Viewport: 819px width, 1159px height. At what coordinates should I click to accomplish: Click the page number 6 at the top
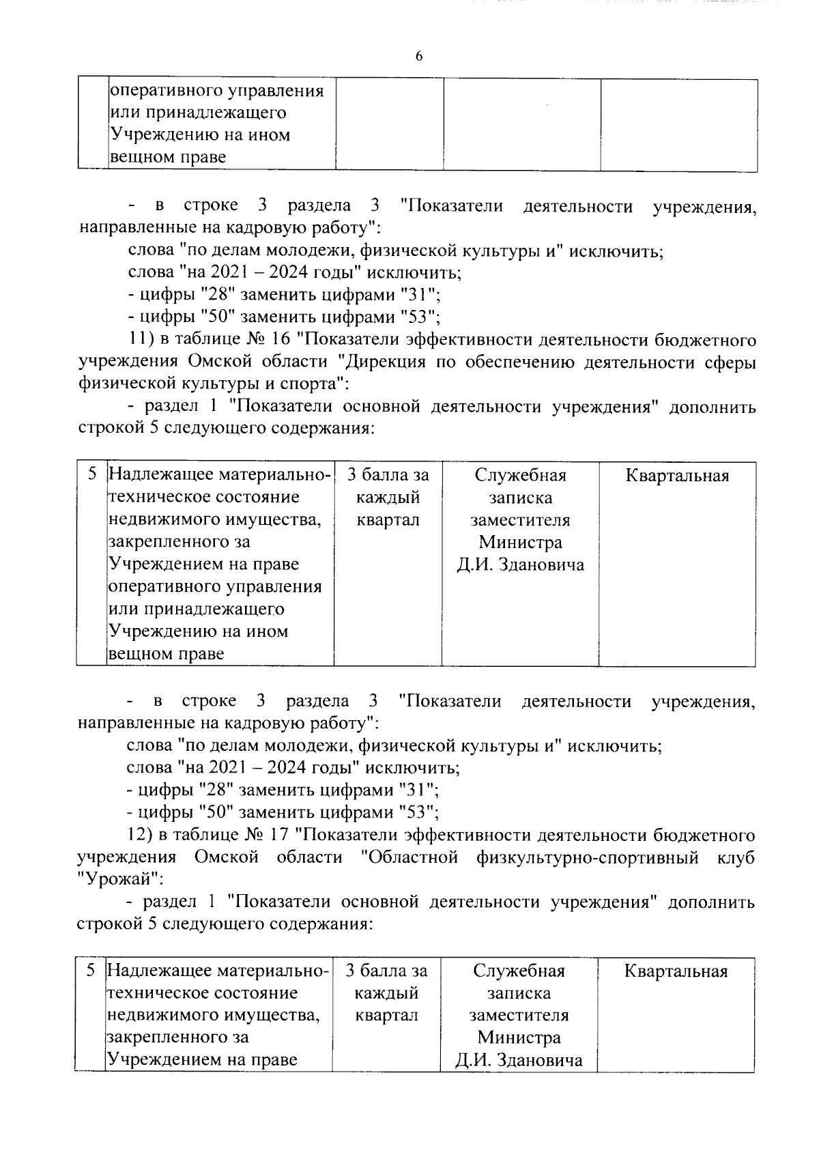418,57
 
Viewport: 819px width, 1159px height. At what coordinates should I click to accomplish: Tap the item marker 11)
142,339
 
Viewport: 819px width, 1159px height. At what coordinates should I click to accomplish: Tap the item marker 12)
141,835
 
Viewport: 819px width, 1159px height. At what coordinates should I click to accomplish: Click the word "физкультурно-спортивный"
588,857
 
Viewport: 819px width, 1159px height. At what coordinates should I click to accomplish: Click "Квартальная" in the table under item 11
676,476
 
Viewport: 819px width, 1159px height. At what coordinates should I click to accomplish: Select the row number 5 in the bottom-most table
91,971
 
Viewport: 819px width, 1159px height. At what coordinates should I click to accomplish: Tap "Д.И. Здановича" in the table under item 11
520,566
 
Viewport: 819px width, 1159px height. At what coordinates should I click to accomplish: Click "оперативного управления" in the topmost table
216,91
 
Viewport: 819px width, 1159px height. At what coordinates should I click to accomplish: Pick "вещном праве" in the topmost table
168,158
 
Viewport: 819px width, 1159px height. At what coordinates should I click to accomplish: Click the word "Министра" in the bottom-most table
519,1038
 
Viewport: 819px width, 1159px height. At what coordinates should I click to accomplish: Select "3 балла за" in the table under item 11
388,476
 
